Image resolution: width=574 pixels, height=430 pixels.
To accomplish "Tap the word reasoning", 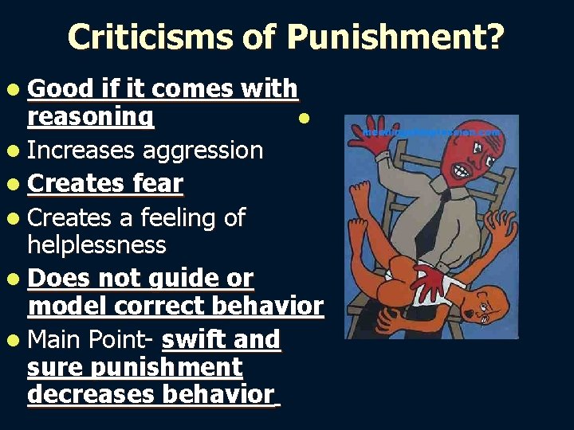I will (x=90, y=118).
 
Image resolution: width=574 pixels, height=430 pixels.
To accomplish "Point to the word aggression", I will (x=202, y=150).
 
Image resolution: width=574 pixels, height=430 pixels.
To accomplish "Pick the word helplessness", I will (x=96, y=244).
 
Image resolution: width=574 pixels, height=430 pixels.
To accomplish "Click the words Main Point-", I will (x=90, y=340).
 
